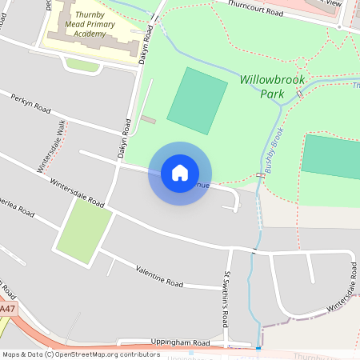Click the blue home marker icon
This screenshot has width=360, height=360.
[180, 172]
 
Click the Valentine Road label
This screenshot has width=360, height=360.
[159, 276]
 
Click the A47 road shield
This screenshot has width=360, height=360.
[7, 309]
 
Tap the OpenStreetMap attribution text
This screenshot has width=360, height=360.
[80, 354]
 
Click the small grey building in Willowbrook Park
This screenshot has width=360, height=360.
[148, 119]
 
